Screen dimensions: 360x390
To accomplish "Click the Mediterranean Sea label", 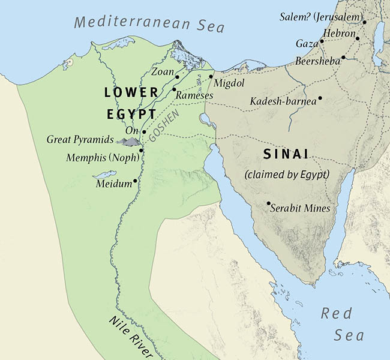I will [149, 25].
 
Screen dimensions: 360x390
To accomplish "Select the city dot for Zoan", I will [178, 77].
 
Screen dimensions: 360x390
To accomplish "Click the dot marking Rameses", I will [174, 89].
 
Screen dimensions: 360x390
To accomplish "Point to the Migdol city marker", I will [211, 77].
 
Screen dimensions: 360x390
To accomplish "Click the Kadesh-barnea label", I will [283, 101].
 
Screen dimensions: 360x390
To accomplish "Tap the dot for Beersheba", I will [344, 58].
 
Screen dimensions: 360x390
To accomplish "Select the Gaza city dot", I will [322, 41].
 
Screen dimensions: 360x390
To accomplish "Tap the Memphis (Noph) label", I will [103, 158].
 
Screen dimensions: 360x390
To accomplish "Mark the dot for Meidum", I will [136, 181].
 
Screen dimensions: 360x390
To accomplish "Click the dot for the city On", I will [144, 131].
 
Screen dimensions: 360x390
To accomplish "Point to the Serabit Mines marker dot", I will [268, 203].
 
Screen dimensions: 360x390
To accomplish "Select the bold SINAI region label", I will [286, 154].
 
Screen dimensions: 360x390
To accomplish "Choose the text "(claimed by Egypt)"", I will [287, 175].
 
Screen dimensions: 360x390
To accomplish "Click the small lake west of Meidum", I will [100, 176].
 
